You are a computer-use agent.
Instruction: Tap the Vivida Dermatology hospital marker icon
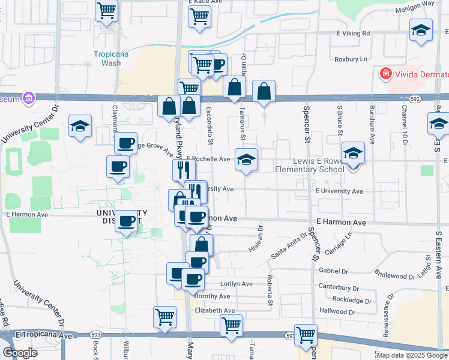click(385, 74)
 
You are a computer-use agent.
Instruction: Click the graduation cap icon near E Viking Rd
click(421, 31)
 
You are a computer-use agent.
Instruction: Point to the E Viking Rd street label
click(349, 34)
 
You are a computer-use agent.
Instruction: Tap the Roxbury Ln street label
click(351, 59)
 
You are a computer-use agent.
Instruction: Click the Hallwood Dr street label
click(333, 311)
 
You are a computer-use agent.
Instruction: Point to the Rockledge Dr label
click(352, 299)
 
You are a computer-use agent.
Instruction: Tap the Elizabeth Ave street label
click(215, 310)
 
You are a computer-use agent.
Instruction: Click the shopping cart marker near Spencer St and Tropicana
click(306, 334)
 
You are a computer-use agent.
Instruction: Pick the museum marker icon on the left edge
click(28, 98)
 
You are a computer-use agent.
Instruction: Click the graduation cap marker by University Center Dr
click(79, 126)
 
